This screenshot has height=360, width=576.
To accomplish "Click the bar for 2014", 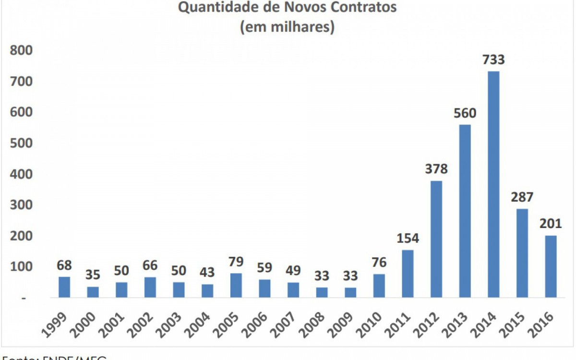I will pos(493,184).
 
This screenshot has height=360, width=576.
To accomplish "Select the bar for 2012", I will pos(436,239).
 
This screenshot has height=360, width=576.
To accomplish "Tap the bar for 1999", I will pos(64,287).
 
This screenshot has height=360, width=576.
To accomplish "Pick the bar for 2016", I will pos(551,266).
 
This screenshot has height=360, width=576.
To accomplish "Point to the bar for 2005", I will pos(236,286).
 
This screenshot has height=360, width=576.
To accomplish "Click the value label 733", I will pos(493,60).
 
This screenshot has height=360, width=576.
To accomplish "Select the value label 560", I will pos(465,113).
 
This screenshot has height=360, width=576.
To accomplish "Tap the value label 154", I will pos(408,238).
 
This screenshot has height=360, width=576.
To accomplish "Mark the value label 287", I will pos(522,197).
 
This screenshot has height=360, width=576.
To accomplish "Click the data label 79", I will pos(236,262).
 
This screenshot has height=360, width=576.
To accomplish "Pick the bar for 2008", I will pos(322,292).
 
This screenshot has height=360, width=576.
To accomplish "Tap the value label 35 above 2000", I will pos(93,276).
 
